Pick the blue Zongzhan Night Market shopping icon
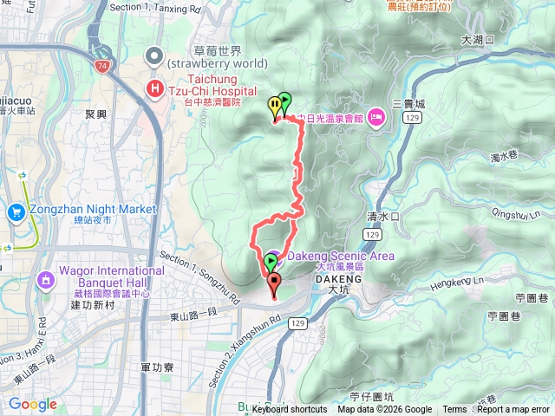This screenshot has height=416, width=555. (16, 211)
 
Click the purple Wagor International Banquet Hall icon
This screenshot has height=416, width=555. (45, 279)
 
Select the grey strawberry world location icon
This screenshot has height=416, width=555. (154, 57)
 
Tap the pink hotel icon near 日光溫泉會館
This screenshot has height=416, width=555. (375, 116)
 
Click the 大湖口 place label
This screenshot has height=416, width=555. (477, 40)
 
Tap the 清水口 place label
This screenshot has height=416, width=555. (382, 217)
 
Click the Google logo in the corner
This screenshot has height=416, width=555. (33, 404)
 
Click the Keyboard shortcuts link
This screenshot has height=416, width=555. (291, 410)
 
